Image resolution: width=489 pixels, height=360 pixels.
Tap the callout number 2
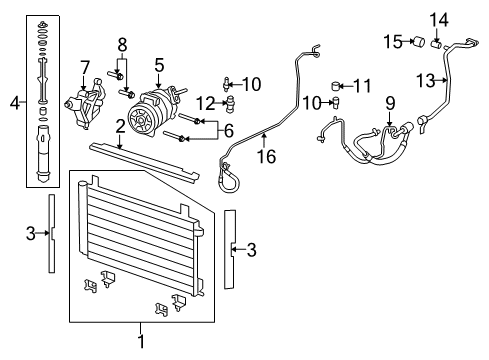point(120,125)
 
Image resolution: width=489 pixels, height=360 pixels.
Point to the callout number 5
point(159,65)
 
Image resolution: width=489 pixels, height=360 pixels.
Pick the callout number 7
point(86,66)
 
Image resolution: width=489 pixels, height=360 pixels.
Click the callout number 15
point(392,41)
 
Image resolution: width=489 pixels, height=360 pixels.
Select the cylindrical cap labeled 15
point(420,42)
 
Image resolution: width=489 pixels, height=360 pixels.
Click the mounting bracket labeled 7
point(82,102)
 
